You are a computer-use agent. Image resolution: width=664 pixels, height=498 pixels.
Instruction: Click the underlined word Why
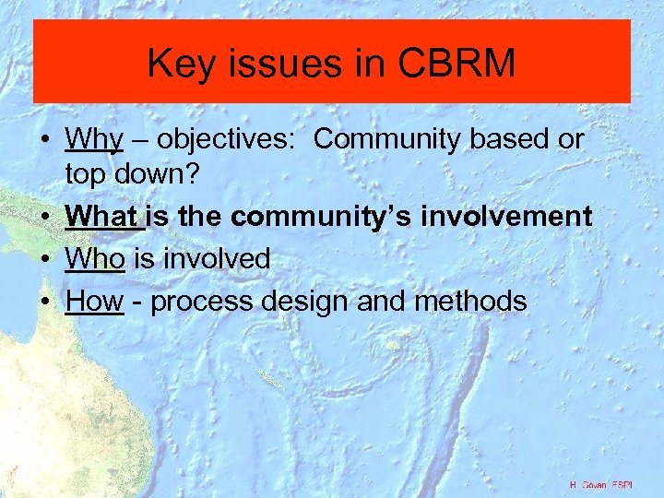click(x=94, y=139)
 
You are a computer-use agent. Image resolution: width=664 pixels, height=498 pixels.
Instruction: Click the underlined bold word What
click(x=102, y=217)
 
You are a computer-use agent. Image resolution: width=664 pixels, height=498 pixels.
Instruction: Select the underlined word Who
click(x=95, y=259)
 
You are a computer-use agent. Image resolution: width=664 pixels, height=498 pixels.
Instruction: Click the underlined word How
click(x=94, y=301)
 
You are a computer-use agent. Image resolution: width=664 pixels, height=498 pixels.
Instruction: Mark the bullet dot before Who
click(x=44, y=260)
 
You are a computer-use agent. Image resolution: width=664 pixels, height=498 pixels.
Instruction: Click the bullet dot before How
click(x=44, y=302)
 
